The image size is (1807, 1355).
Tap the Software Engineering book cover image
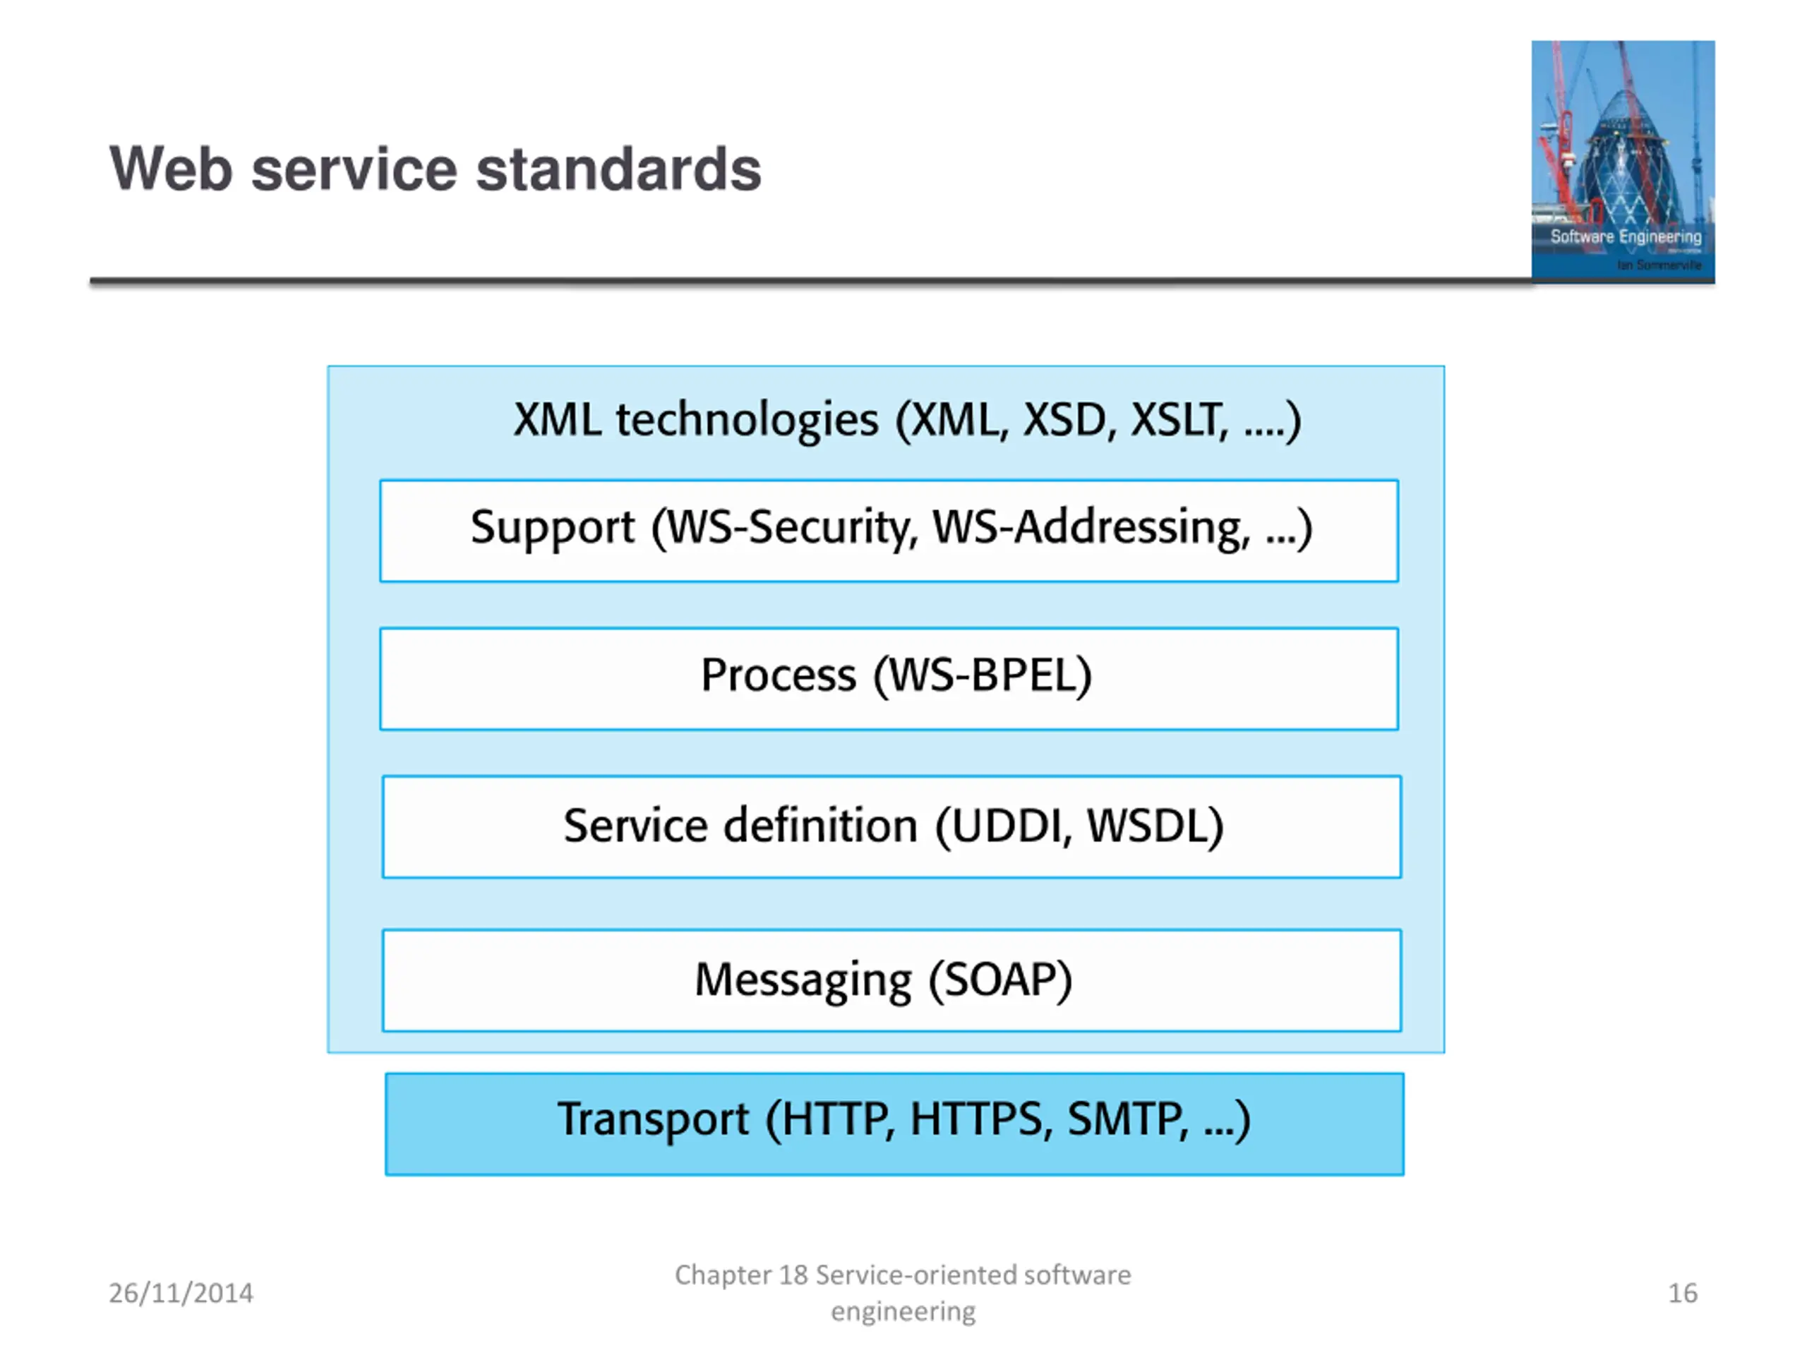click(1622, 161)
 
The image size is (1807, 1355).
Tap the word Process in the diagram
click(779, 675)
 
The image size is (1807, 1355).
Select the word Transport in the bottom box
click(653, 1119)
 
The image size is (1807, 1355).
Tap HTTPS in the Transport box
click(976, 1119)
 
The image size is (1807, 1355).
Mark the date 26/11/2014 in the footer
click(181, 1293)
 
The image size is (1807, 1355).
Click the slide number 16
click(1682, 1293)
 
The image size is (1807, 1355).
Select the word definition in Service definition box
click(821, 826)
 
